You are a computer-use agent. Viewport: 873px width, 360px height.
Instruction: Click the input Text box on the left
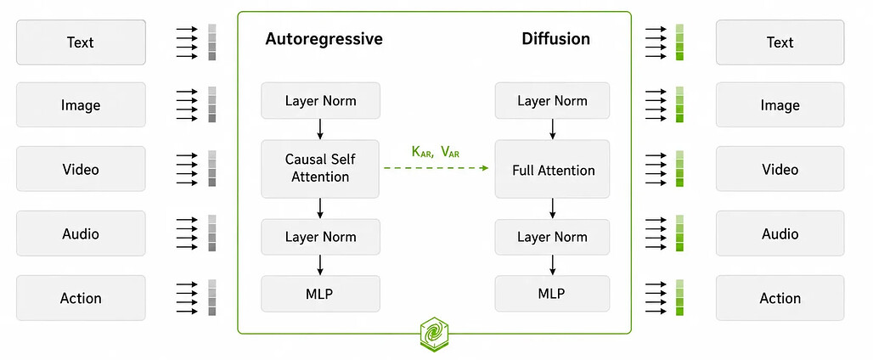[x=81, y=42]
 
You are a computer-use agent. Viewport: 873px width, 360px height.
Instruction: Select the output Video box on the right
[x=780, y=169]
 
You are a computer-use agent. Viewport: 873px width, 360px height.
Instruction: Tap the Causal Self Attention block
[x=320, y=168]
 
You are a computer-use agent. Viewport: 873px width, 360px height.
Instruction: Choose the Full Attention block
[x=552, y=170]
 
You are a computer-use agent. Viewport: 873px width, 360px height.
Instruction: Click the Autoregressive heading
[x=324, y=39]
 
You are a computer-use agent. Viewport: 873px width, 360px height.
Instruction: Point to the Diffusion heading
[x=555, y=39]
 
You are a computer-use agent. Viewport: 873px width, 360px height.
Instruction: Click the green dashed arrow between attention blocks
[x=436, y=168]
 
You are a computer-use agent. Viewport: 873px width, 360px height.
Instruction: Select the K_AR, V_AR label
[x=436, y=152]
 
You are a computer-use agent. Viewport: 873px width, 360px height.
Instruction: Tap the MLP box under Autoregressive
[x=320, y=293]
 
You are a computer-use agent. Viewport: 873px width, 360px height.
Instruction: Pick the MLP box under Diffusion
[x=552, y=293]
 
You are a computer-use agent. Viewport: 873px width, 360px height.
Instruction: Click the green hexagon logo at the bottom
[x=434, y=334]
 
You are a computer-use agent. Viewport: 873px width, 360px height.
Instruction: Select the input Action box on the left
[x=81, y=298]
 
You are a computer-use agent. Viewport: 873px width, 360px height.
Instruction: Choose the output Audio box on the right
[x=780, y=233]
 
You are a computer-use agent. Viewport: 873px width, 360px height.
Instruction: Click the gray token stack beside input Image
[x=211, y=104]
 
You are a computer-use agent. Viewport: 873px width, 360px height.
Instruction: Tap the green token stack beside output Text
[x=679, y=42]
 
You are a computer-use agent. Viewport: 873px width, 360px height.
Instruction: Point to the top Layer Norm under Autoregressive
[x=320, y=101]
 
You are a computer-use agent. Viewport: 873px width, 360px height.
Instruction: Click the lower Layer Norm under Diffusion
[x=552, y=237]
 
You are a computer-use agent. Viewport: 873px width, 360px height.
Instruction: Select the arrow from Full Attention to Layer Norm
[x=552, y=209]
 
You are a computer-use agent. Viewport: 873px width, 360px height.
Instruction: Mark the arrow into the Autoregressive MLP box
[x=320, y=265]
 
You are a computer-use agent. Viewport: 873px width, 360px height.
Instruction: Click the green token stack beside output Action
[x=679, y=298]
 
